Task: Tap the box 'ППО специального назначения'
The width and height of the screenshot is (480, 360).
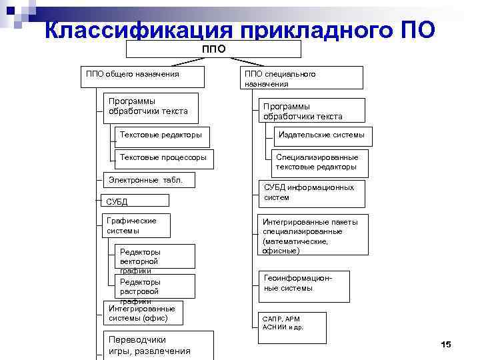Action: pos(301,78)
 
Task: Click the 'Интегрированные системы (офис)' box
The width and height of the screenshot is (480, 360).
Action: pos(142,313)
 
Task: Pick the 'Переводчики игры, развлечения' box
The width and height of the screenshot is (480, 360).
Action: pos(158,345)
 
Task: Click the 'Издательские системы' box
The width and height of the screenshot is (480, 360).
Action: pos(321,135)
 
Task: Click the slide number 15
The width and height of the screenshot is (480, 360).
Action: pos(446,343)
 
